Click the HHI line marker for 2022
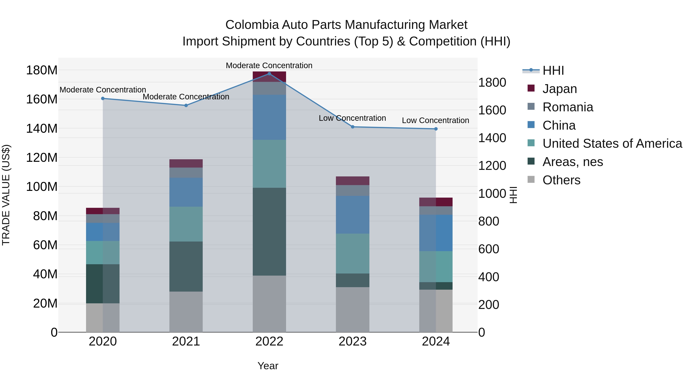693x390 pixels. click(x=269, y=74)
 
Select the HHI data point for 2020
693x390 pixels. click(x=103, y=98)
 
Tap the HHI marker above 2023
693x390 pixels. click(x=353, y=127)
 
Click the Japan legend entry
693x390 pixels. click(x=560, y=89)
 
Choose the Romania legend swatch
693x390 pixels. click(x=531, y=107)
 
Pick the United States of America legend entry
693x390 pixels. click(x=612, y=143)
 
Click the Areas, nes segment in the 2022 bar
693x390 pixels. click(x=269, y=231)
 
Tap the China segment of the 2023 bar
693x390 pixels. click(x=353, y=215)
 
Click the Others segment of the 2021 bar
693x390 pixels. click(x=186, y=312)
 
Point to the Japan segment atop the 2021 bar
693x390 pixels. click(x=186, y=163)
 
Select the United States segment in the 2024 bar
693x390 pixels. click(x=436, y=267)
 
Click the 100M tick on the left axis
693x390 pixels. click(x=42, y=187)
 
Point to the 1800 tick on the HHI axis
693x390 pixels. click(x=492, y=83)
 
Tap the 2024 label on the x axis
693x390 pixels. click(x=436, y=341)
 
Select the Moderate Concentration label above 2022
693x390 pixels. click(x=269, y=65)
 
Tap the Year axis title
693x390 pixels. click(x=268, y=366)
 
